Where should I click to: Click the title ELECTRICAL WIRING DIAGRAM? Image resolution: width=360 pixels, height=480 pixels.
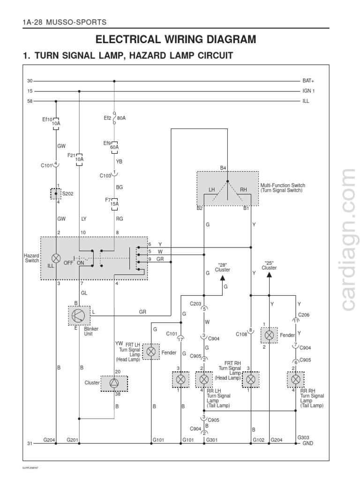pos(176,39)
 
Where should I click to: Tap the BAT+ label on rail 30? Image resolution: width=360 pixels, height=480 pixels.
pos(308,81)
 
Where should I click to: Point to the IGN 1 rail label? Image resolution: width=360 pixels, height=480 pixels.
pos(308,91)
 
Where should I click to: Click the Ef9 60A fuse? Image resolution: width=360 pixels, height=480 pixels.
pos(114,144)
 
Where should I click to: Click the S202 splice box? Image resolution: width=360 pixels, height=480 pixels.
pos(56,193)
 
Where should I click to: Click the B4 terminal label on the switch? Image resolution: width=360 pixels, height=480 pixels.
pos(223,168)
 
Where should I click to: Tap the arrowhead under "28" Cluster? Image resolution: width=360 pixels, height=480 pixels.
pos(223,277)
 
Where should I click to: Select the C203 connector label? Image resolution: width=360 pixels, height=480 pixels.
pos(195,304)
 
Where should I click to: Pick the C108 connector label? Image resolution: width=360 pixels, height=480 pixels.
pos(242,335)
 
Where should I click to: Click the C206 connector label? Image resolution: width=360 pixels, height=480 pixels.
pos(304,315)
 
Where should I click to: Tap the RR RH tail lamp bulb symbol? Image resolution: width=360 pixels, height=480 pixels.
pos(296,379)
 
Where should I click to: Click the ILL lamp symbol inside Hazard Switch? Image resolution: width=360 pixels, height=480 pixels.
pos(56,258)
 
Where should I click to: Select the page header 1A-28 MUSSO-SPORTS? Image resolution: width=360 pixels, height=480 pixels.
pos(65,22)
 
